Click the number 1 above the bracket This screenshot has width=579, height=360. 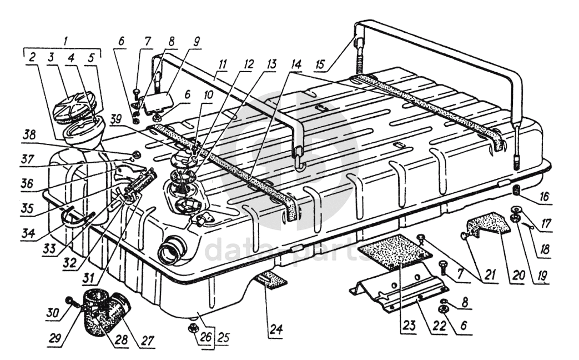click(x=66, y=41)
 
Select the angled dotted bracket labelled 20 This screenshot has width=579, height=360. click(x=489, y=226)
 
